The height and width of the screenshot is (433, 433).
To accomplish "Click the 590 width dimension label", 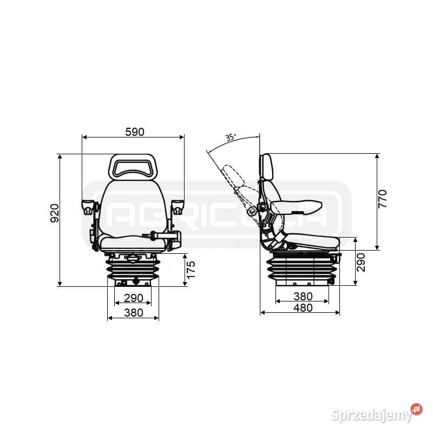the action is (135, 132).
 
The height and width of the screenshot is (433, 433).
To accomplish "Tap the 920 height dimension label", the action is (55, 213).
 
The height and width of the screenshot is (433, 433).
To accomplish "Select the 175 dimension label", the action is (191, 270).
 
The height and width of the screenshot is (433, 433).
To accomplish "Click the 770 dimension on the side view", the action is (383, 199).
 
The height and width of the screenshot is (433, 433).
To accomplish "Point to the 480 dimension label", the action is (303, 307).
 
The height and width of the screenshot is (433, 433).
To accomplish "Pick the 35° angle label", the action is (231, 137).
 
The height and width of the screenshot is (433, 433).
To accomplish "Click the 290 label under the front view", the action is (134, 298).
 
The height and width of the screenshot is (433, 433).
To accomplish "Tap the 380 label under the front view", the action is (134, 313).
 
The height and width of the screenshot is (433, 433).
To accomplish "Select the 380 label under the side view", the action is (303, 297).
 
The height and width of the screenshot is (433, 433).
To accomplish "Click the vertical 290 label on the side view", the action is (361, 263).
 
